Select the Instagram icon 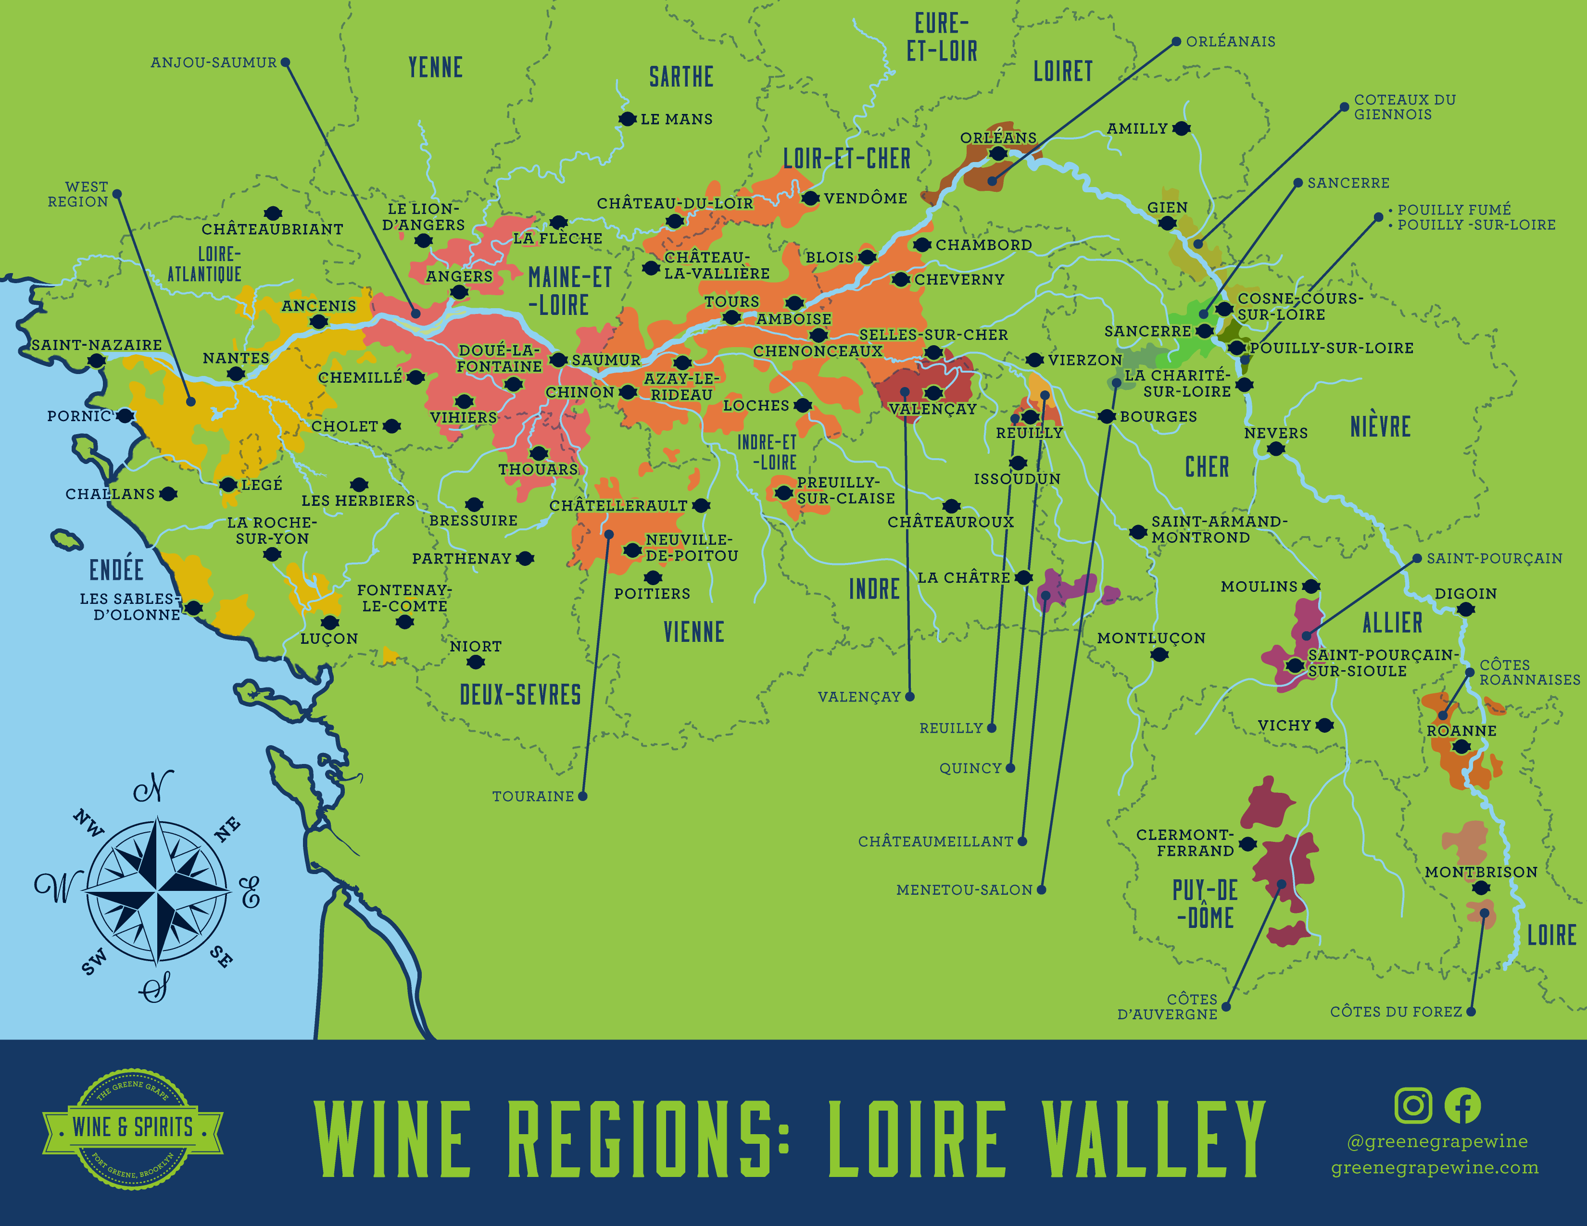pyautogui.click(x=1412, y=1105)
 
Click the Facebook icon pyautogui.click(x=1462, y=1105)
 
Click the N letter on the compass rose pyautogui.click(x=154, y=787)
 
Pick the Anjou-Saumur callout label pyautogui.click(x=214, y=63)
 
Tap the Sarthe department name pyautogui.click(x=681, y=77)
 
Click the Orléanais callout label pyautogui.click(x=1230, y=41)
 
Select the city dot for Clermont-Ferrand pyautogui.click(x=1247, y=844)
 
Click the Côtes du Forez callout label pyautogui.click(x=1395, y=1012)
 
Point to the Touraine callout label pyautogui.click(x=533, y=797)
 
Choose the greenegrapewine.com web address pyautogui.click(x=1435, y=1168)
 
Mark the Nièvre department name pyautogui.click(x=1380, y=426)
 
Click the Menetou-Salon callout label pyautogui.click(x=964, y=890)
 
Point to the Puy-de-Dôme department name pyautogui.click(x=1205, y=903)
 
